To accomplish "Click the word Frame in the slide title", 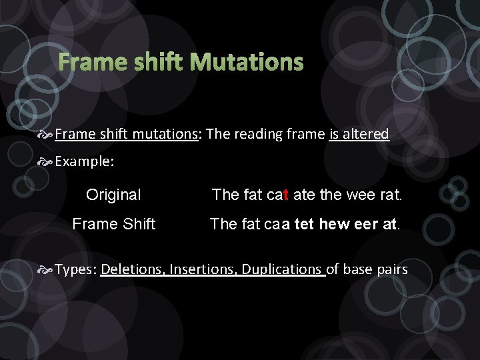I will pyautogui.click(x=90, y=63).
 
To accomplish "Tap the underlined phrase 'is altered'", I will pyautogui.click(x=359, y=134).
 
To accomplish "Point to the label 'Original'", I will pyautogui.click(x=113, y=195).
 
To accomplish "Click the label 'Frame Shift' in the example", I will pyautogui.click(x=113, y=224).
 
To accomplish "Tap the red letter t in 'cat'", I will pyautogui.click(x=286, y=195).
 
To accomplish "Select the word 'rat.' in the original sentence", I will pyautogui.click(x=389, y=195).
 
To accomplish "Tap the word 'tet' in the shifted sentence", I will pyautogui.click(x=304, y=224).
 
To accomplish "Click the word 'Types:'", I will pyautogui.click(x=77, y=269).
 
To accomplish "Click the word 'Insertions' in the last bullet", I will pyautogui.click(x=203, y=269).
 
